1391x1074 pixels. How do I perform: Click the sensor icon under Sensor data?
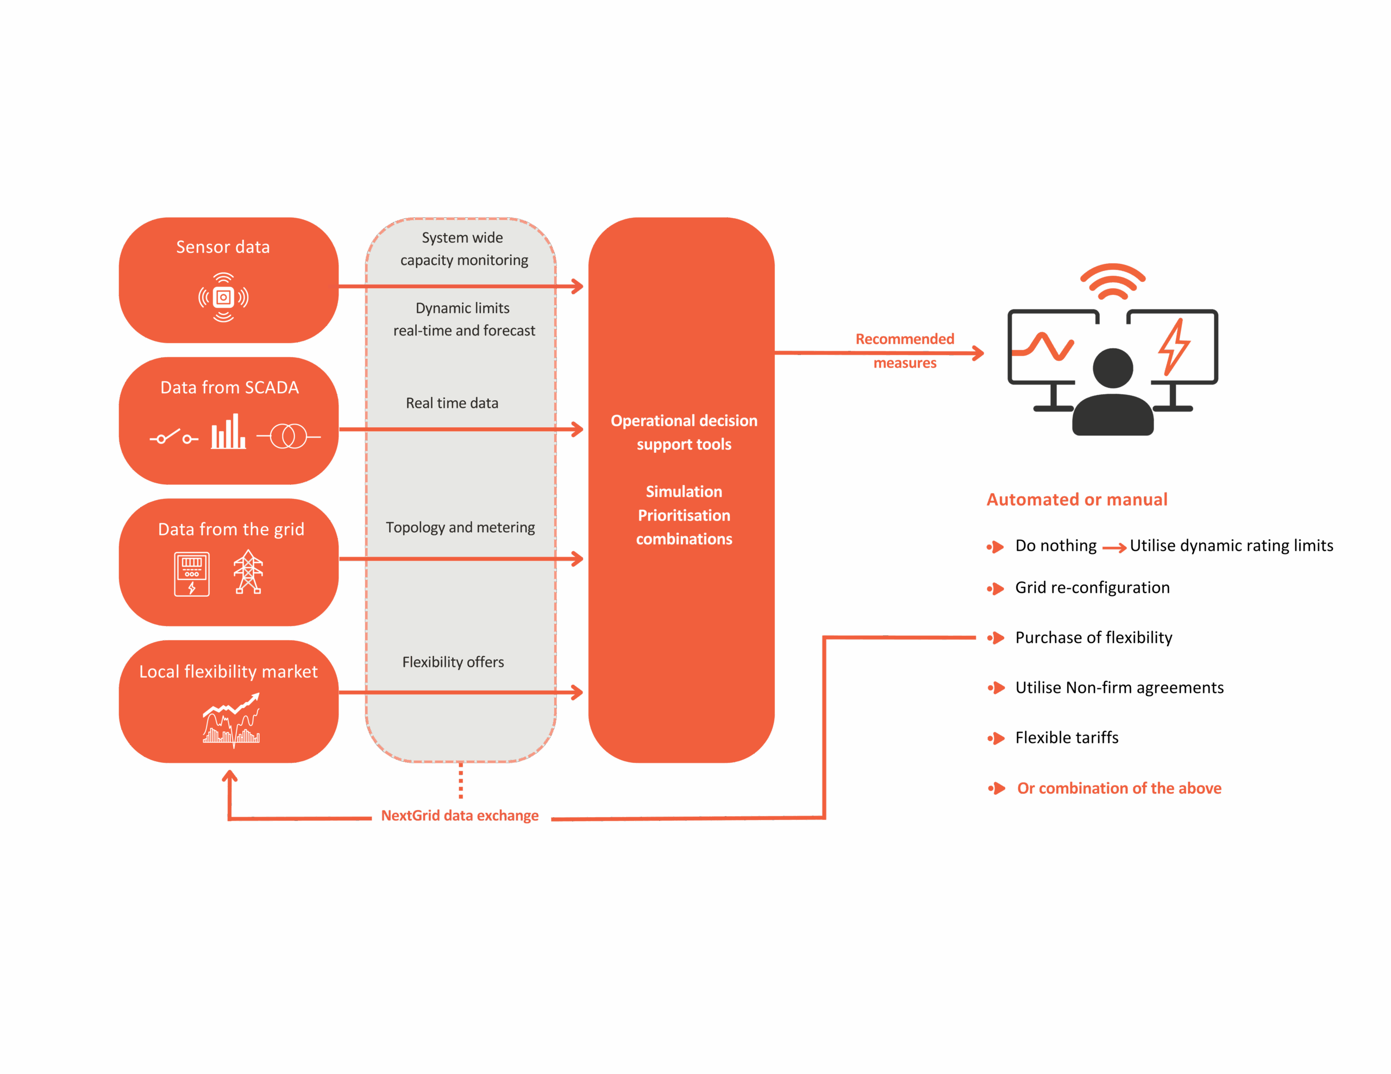[x=223, y=298]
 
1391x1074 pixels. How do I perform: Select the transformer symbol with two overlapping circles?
[x=289, y=436]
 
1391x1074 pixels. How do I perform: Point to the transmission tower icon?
[x=248, y=572]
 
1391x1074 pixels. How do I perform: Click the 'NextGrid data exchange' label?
[x=460, y=816]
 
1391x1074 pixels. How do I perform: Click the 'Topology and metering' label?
[x=460, y=528]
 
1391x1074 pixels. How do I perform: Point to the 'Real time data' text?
[x=452, y=403]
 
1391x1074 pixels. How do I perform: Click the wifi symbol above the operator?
[x=1113, y=281]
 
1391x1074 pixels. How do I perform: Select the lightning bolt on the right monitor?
[x=1174, y=347]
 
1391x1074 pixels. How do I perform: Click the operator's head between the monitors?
[x=1113, y=368]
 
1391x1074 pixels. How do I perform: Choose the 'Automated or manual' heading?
[x=1077, y=500]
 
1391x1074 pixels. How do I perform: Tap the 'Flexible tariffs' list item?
[x=1067, y=738]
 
